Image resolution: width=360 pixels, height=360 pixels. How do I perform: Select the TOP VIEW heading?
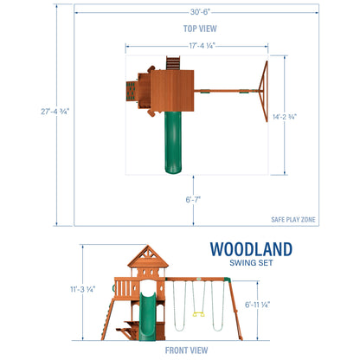click(196, 28)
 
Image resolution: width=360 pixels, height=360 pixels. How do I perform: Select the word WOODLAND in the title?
click(251, 249)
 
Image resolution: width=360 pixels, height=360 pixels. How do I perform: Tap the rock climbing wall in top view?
click(132, 89)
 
